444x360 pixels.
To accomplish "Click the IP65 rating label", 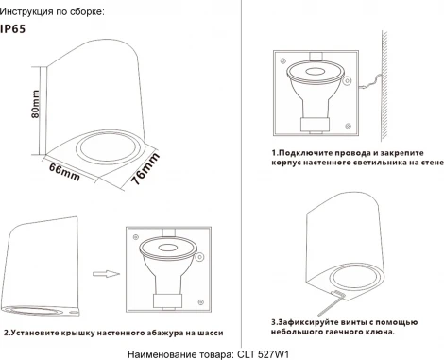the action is (x=12, y=29).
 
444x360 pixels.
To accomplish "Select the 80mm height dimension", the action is (x=36, y=104).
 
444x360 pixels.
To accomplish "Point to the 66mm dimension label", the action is (x=64, y=172).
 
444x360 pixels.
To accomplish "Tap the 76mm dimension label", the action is (x=145, y=169).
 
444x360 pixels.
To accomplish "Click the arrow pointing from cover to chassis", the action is (x=106, y=274).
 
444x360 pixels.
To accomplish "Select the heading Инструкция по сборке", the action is (x=52, y=12).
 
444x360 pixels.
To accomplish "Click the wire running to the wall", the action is (x=370, y=81).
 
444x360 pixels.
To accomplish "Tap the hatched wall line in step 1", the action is (x=384, y=86).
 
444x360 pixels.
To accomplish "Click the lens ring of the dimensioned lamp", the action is (x=108, y=147).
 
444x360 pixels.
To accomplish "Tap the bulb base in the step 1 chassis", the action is (x=315, y=125).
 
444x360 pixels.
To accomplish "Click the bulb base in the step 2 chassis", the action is (x=167, y=300).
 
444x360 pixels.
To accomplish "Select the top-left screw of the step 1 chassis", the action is (x=282, y=60).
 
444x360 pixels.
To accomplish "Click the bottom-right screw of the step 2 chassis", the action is (x=200, y=302).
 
